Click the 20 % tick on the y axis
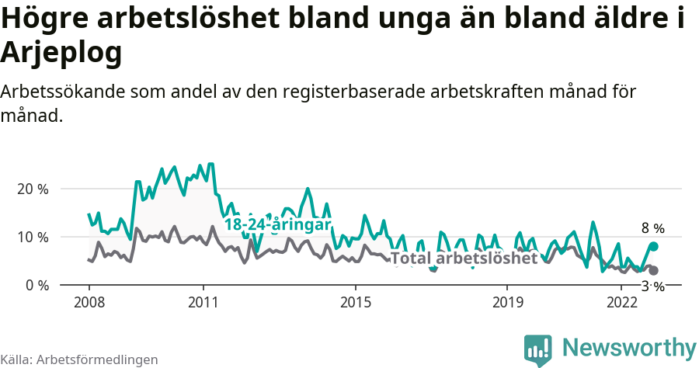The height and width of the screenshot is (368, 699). coord(32,189)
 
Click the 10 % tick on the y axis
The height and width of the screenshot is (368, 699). coord(32,237)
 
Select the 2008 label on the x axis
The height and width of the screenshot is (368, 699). coord(89,300)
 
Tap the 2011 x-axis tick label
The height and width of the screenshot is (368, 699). coord(203,300)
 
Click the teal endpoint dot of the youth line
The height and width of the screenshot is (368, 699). coord(653,246)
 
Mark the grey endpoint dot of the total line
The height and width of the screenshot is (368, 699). coord(653,270)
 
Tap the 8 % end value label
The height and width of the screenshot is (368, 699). coord(653,228)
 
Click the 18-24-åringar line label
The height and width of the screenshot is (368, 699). coord(277,224)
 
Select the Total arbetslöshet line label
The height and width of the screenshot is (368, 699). coord(464,259)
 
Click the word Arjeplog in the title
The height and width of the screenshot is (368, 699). coord(62,53)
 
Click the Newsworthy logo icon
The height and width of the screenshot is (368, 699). coord(537,349)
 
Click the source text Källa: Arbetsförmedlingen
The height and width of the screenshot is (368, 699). coord(79,359)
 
